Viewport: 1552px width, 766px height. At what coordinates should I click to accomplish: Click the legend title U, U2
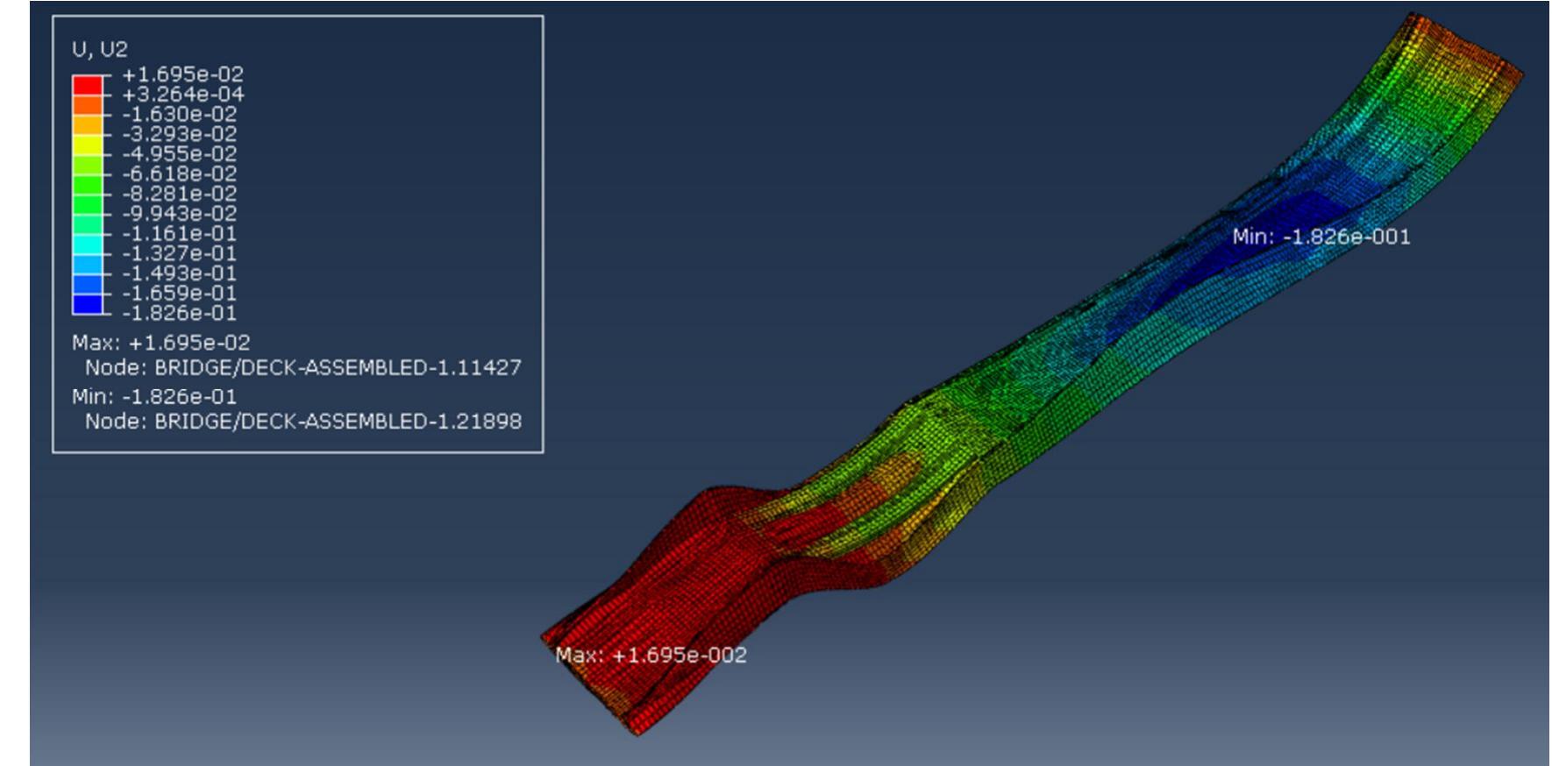click(x=99, y=49)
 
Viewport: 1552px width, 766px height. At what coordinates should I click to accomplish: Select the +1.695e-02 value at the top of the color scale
click(x=182, y=74)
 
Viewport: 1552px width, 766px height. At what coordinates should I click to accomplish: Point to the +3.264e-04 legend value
click(x=182, y=95)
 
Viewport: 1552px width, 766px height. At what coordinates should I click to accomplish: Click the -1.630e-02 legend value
click(x=179, y=114)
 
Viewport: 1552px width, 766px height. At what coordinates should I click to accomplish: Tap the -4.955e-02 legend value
click(x=179, y=154)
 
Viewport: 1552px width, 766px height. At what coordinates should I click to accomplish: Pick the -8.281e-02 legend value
click(x=179, y=194)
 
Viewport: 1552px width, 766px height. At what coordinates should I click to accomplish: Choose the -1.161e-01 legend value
click(x=179, y=234)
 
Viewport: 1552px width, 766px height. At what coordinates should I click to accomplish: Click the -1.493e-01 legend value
click(x=179, y=273)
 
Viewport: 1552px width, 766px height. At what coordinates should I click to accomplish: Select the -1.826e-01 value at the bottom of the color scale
click(x=179, y=313)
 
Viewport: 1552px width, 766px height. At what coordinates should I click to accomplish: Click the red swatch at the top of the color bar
click(x=87, y=85)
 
